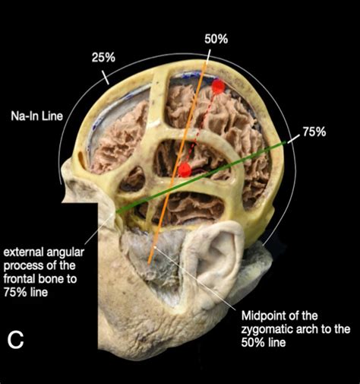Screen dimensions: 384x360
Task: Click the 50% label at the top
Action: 216,37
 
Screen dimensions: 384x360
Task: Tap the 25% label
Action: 104,57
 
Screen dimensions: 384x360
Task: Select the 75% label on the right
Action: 314,132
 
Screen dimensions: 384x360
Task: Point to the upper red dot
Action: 218,87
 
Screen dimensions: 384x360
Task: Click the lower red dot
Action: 185,169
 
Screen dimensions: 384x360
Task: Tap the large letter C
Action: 17,341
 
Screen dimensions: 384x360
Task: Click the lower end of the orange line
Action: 150,263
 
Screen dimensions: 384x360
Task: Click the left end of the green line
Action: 118,211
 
